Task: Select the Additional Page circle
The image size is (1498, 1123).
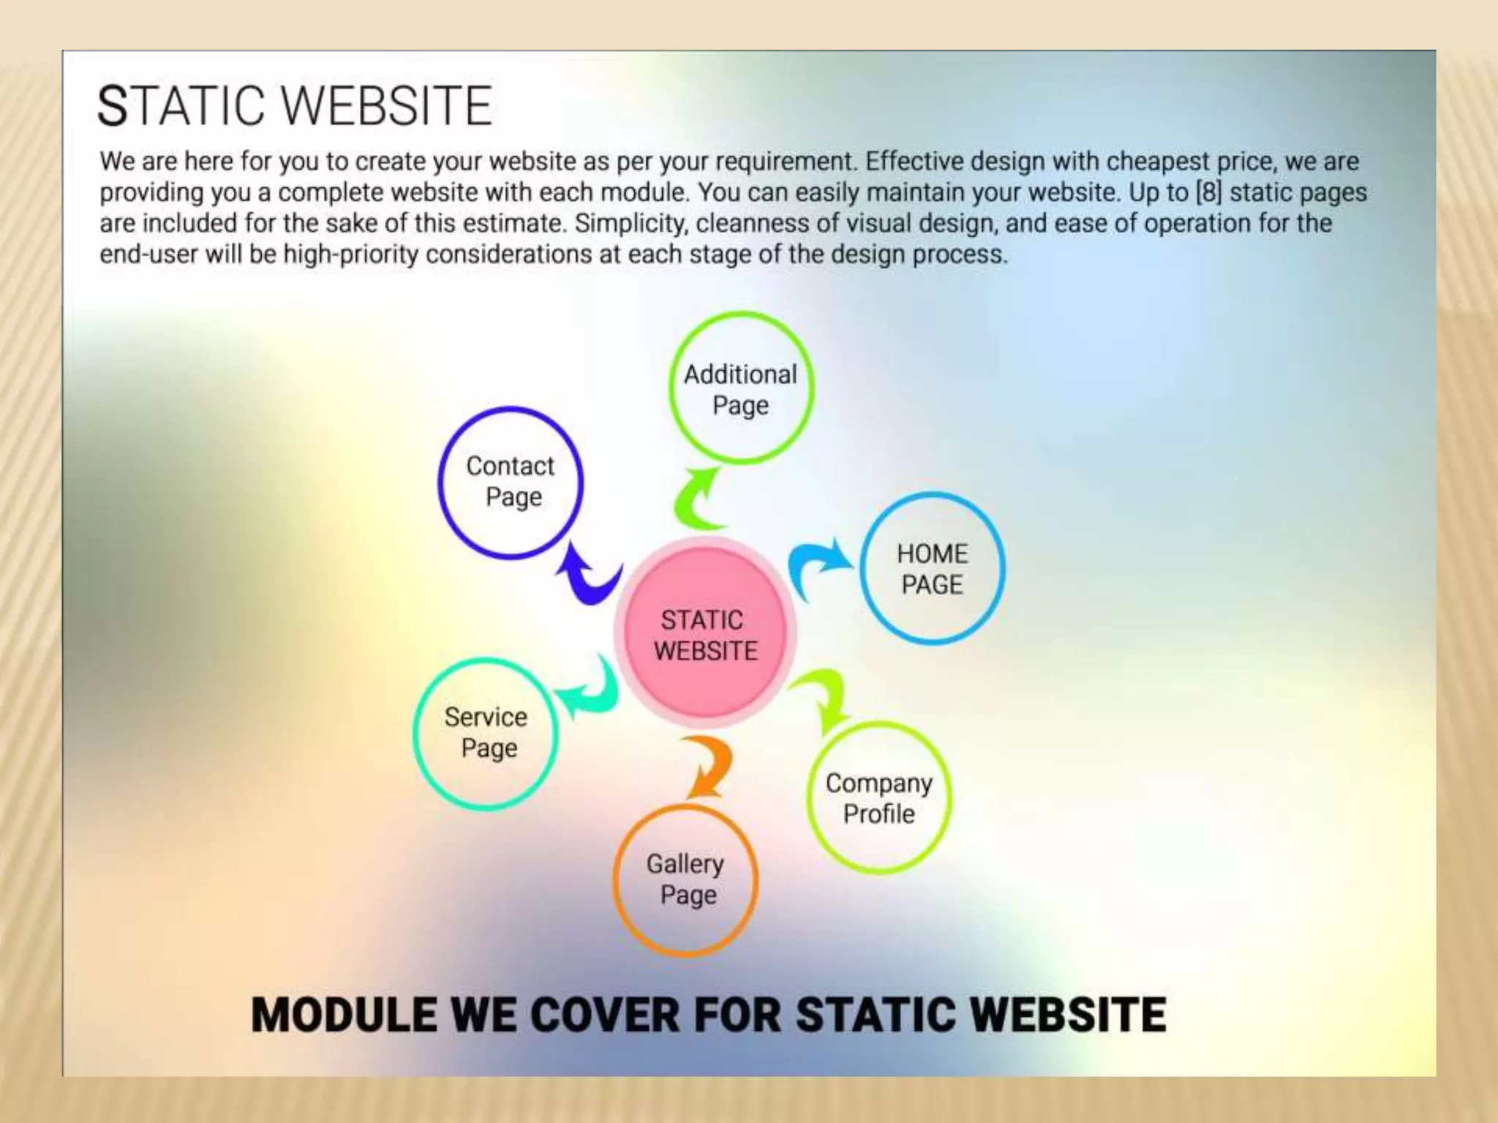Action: point(741,388)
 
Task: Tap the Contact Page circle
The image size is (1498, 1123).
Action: point(511,483)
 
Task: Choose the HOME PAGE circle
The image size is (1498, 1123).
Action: point(932,569)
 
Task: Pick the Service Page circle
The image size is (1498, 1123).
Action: point(486,733)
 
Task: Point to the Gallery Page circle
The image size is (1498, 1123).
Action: point(685,880)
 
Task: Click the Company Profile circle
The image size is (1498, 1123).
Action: point(878,798)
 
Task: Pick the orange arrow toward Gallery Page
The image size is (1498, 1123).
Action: point(708,766)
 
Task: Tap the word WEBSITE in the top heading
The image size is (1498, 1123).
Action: point(387,106)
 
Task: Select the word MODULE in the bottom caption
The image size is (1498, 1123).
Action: point(344,1015)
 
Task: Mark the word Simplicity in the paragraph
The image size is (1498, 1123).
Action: point(631,224)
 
